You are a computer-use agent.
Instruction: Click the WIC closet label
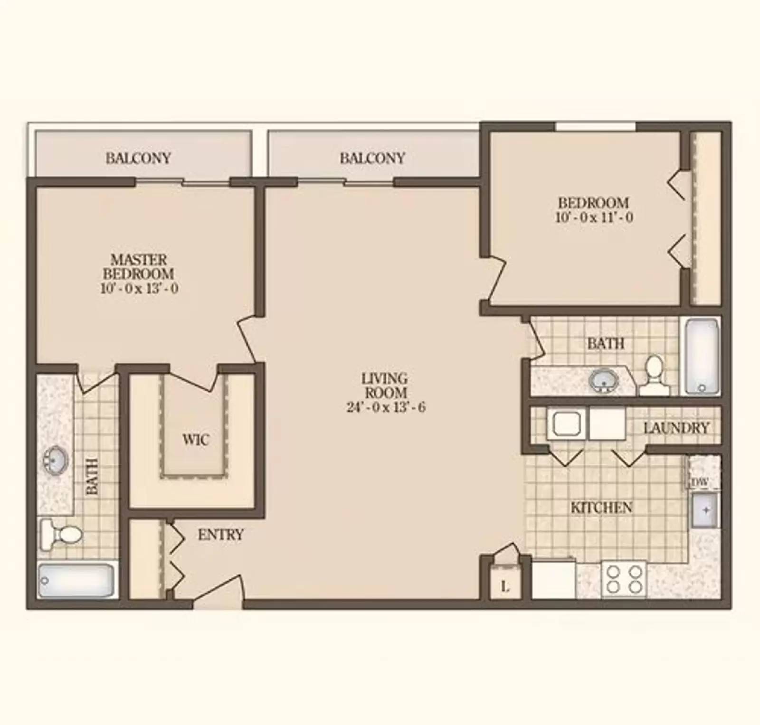point(195,439)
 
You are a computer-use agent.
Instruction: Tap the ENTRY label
point(220,535)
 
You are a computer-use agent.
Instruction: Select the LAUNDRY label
point(676,428)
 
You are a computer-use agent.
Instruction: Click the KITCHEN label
point(601,508)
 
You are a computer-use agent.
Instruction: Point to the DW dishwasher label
point(700,482)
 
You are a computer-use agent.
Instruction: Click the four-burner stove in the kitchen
point(624,580)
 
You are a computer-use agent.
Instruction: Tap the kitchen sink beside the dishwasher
point(705,510)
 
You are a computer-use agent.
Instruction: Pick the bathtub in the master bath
point(76,580)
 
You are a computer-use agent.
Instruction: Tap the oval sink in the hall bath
point(603,380)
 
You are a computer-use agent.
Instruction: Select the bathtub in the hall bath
point(702,356)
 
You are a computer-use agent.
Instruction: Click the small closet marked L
point(505,586)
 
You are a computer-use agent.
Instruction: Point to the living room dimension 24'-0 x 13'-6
point(386,407)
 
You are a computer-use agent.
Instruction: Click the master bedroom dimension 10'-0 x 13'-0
point(139,288)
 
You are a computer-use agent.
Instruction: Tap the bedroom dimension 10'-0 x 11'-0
point(594,217)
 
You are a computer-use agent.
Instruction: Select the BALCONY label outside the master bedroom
point(138,158)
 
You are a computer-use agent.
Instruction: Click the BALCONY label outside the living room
point(372,158)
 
